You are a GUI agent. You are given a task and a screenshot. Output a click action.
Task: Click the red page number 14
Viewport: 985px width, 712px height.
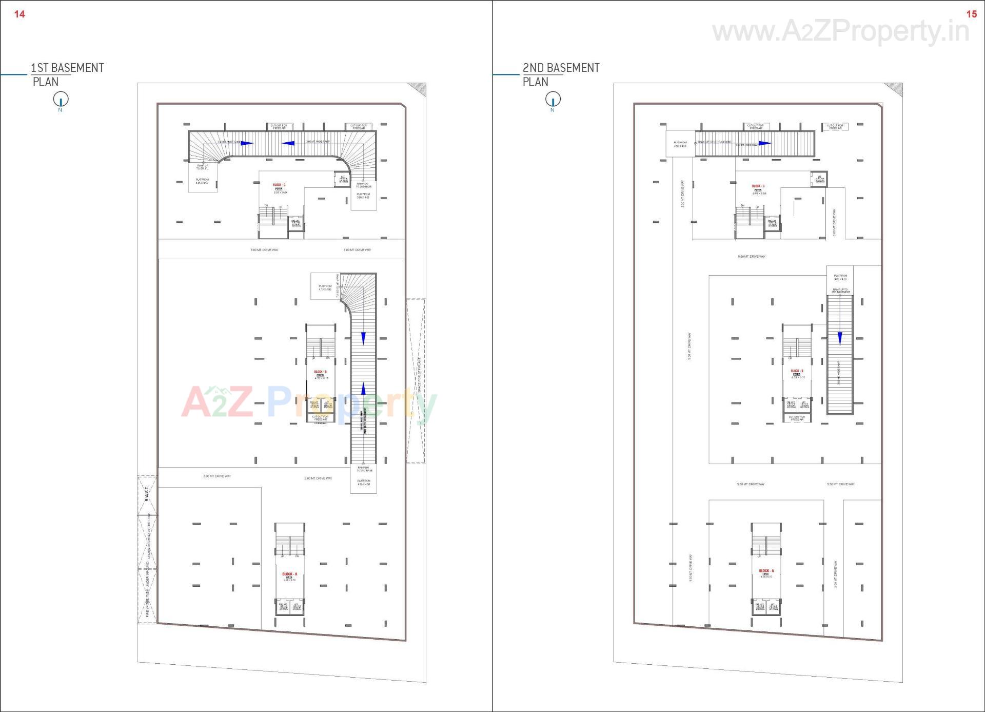point(19,14)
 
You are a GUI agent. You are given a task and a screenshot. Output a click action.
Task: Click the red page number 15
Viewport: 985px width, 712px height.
point(971,14)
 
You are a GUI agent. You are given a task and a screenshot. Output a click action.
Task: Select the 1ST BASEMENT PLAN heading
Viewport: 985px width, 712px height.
point(67,74)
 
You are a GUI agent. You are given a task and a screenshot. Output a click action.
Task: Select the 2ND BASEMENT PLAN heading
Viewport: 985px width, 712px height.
point(561,74)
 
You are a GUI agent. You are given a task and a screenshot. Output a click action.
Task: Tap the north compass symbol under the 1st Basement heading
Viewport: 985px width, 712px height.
point(61,99)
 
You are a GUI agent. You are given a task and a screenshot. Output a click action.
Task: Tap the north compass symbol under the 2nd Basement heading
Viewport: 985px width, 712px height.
point(553,99)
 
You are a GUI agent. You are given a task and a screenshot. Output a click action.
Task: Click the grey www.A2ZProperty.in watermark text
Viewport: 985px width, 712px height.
point(840,31)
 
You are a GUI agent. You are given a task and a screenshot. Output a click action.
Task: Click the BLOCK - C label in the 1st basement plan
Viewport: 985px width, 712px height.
point(279,185)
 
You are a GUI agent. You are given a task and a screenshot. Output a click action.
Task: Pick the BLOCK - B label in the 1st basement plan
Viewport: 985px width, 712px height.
point(320,372)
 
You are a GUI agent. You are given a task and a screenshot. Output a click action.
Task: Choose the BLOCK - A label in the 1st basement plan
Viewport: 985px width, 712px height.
point(289,574)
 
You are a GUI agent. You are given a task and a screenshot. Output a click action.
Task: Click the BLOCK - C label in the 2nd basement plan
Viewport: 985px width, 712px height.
point(758,186)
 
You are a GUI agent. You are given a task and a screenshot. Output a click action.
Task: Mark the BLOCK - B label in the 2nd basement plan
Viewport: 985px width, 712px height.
point(796,371)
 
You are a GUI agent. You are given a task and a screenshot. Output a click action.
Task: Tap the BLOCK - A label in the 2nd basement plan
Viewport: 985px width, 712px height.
point(766,571)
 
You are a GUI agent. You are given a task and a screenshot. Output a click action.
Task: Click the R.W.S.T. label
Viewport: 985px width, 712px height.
point(147,494)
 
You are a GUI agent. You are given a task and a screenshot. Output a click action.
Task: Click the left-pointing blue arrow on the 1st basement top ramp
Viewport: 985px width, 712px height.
point(288,143)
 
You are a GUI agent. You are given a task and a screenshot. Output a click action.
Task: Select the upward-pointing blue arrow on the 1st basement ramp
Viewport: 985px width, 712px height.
point(364,389)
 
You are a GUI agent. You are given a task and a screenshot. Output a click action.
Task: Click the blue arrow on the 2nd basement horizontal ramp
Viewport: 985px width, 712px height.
point(765,143)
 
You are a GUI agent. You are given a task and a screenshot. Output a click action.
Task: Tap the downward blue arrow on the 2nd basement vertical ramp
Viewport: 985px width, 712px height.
point(840,338)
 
